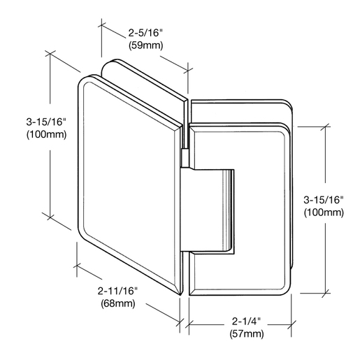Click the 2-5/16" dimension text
click(145, 33)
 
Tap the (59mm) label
click(145, 45)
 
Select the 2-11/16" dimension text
click(117, 291)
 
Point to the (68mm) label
click(118, 303)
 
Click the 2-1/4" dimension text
click(246, 322)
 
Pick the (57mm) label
click(247, 334)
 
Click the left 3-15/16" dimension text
click(46, 122)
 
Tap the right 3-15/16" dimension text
click(324, 200)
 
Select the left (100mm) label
click(47, 134)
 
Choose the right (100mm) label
click(324, 213)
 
